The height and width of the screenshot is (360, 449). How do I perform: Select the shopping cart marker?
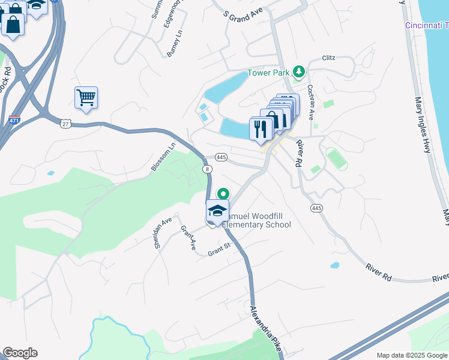point(86,98)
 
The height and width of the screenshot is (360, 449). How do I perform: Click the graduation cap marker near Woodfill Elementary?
point(217,211)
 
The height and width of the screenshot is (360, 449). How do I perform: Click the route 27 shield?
point(65,123)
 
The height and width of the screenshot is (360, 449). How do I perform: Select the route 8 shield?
point(208,170)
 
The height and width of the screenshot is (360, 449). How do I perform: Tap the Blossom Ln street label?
point(164,156)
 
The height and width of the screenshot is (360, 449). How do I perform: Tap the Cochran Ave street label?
point(311,101)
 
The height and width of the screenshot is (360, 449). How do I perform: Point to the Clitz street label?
point(328,58)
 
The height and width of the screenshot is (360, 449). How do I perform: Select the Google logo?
point(20,353)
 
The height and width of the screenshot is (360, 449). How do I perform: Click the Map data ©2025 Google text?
point(412,355)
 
